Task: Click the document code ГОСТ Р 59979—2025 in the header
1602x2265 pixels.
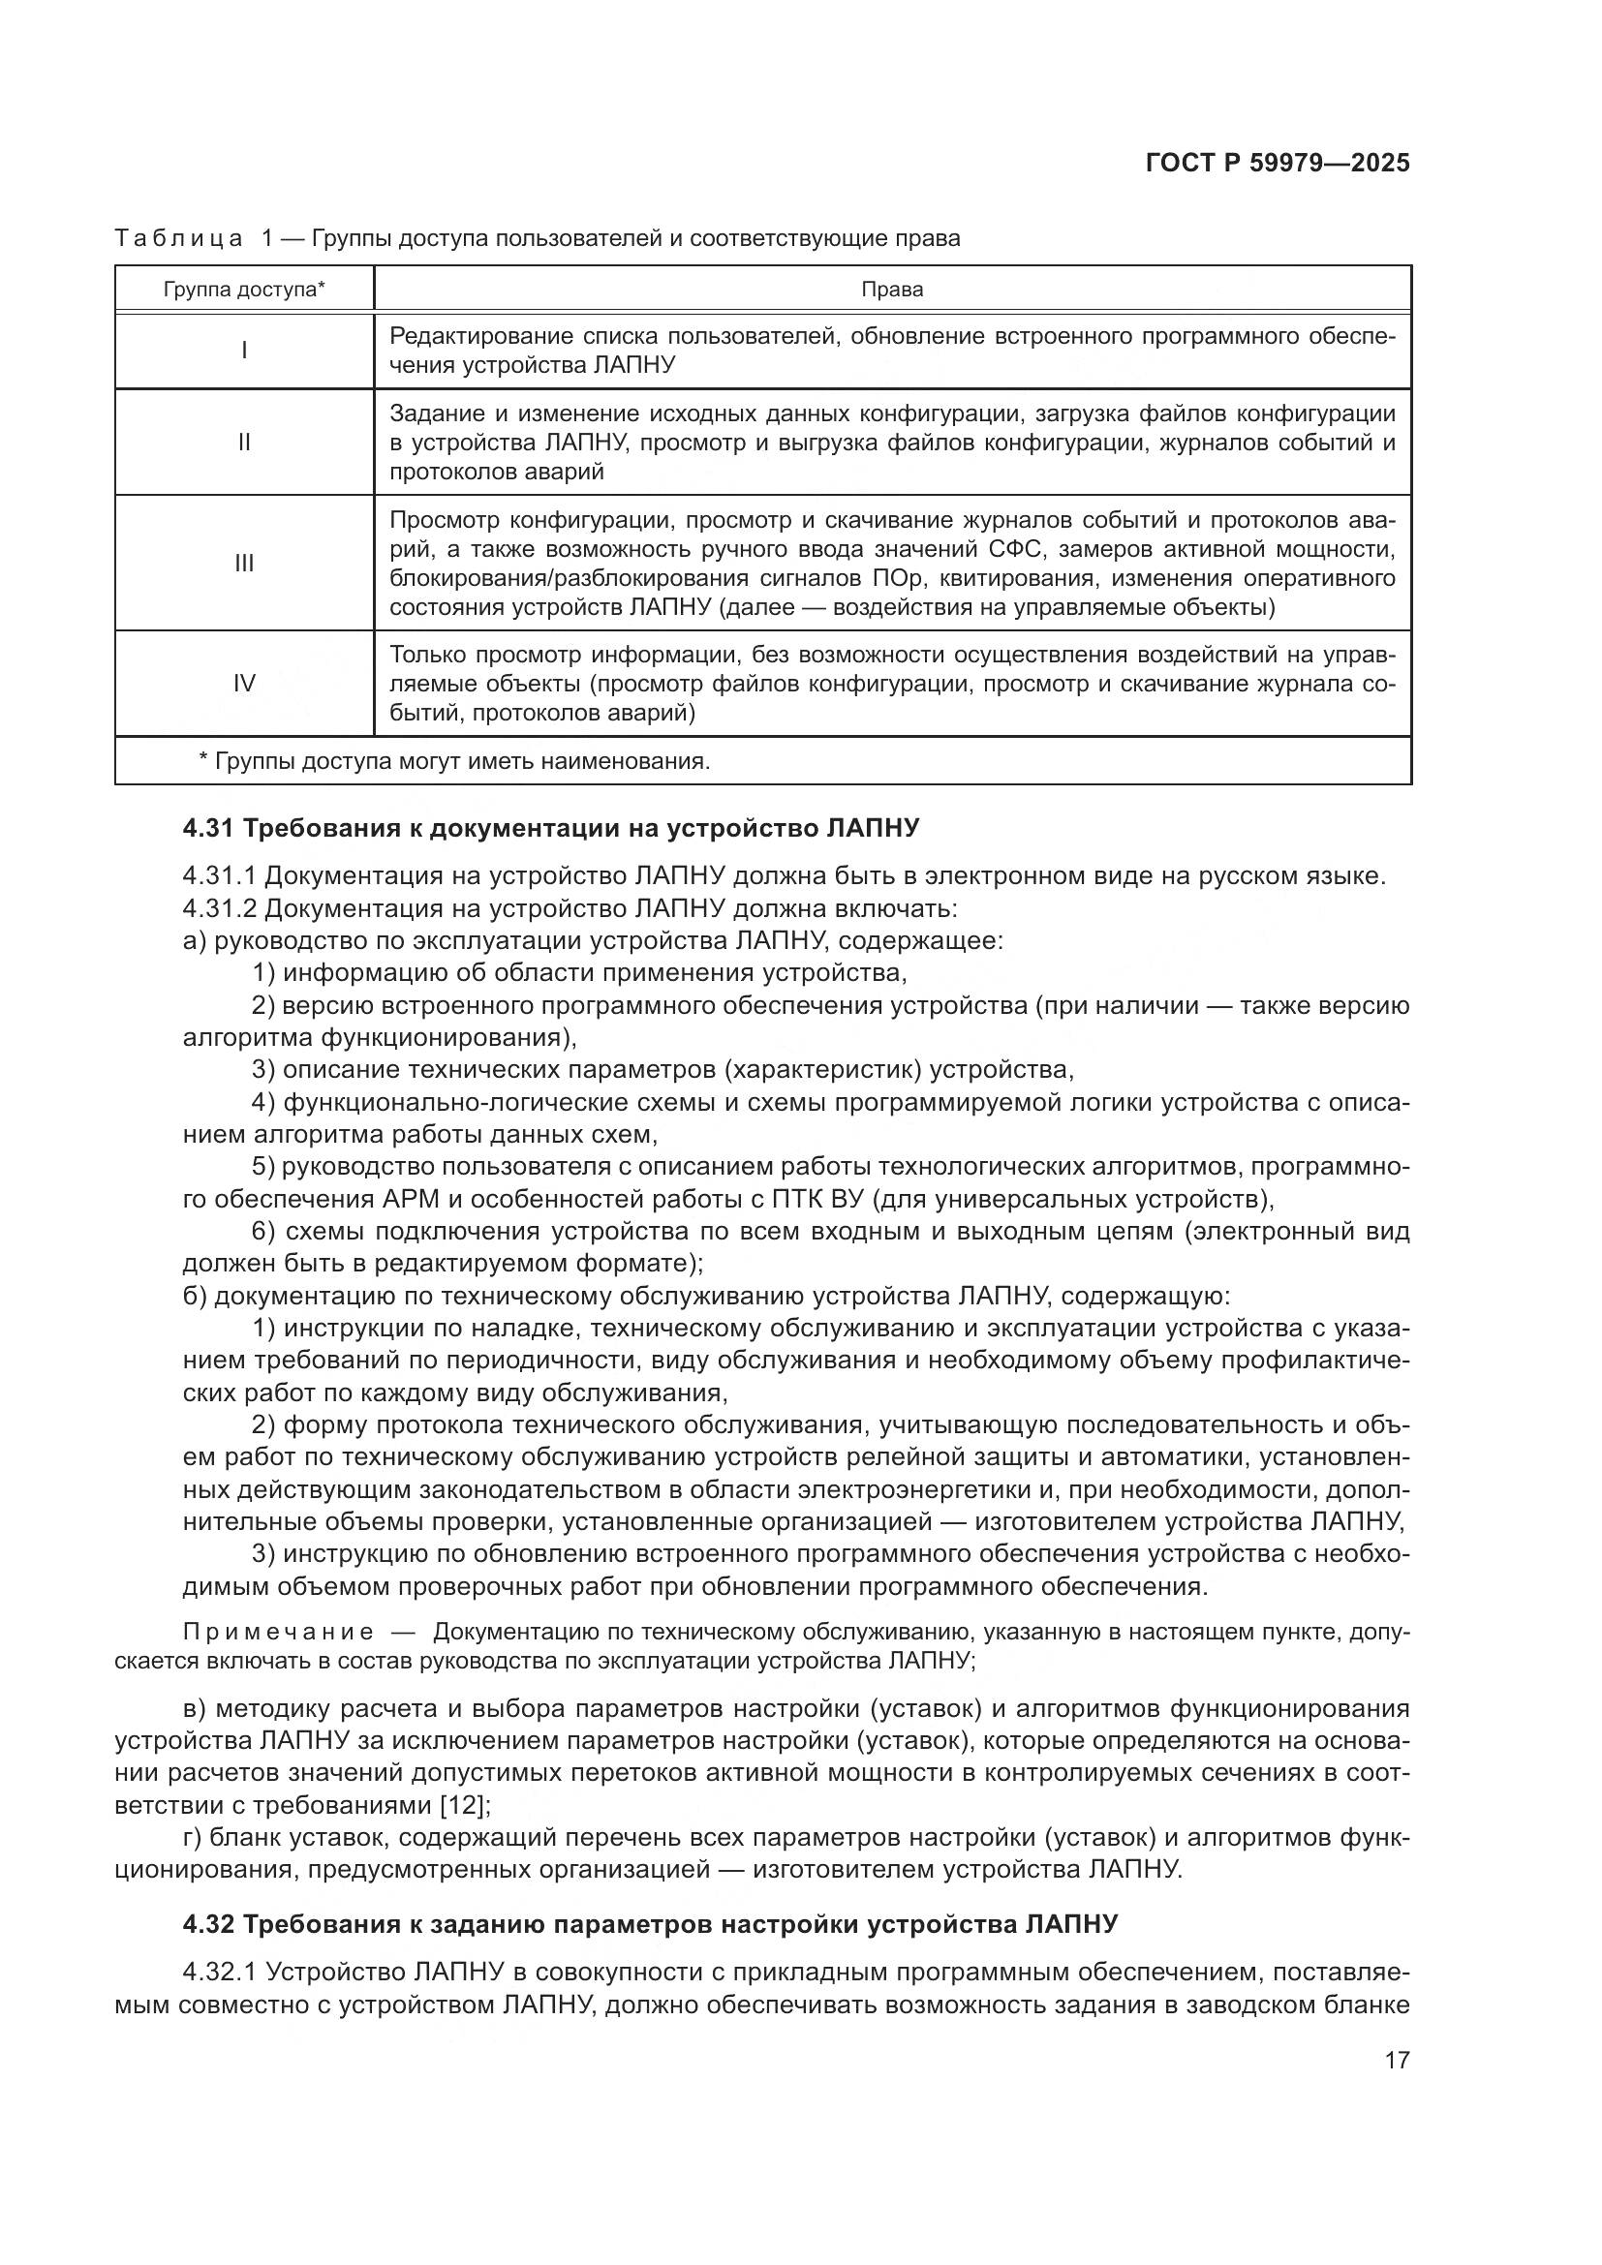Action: tap(1278, 163)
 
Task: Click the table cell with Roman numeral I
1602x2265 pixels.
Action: tap(244, 351)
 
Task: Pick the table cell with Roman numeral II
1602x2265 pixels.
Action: tap(244, 442)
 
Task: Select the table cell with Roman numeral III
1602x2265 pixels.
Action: tap(244, 564)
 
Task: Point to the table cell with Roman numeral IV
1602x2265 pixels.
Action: tap(244, 684)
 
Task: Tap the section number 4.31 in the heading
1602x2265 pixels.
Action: tap(208, 829)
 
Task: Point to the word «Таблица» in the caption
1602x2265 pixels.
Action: tap(178, 239)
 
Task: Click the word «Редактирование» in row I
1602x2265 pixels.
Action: tap(480, 336)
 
